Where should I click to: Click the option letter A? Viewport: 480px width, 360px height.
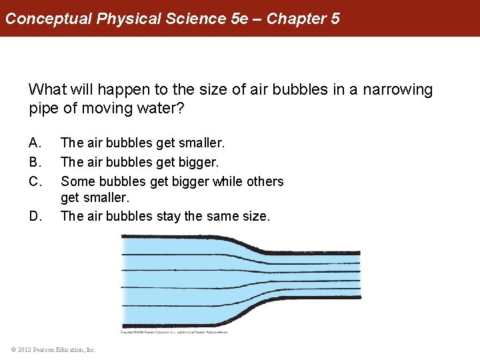pos(35,143)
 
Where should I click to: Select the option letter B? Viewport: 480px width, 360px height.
pos(35,162)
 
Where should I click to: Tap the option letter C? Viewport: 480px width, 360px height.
pos(35,181)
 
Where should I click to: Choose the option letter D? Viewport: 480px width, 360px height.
pos(35,216)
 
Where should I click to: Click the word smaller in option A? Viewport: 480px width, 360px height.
pos(201,143)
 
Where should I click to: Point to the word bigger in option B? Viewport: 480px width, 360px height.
pos(199,162)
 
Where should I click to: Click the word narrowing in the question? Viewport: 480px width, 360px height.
pos(397,89)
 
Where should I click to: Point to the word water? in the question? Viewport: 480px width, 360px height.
pos(157,108)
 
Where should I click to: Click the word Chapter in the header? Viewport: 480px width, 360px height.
pos(297,19)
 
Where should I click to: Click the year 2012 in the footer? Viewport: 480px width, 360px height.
pos(25,349)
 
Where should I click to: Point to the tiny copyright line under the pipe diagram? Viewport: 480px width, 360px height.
pos(174,332)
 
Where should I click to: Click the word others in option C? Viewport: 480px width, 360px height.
pos(265,181)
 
